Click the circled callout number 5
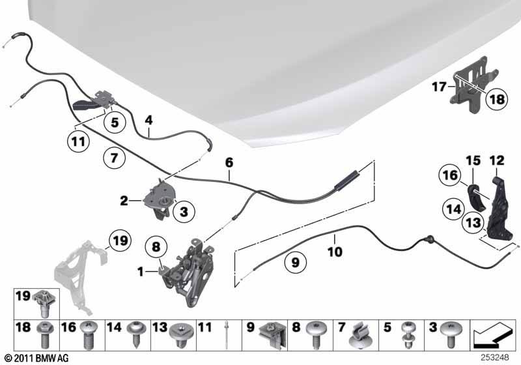pos(115,122)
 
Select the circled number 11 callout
pos(78,141)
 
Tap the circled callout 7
pos(114,157)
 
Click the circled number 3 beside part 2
pos(184,211)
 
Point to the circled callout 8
pos(156,246)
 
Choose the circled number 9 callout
pos(296,263)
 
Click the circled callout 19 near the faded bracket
pos(120,240)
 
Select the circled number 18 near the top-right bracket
pos(497,99)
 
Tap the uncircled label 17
pos(439,87)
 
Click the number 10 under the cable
pos(335,252)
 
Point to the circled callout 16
pos(450,175)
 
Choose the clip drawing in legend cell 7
pos(359,336)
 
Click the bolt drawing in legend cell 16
pos(88,335)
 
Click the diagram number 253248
pos(495,357)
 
